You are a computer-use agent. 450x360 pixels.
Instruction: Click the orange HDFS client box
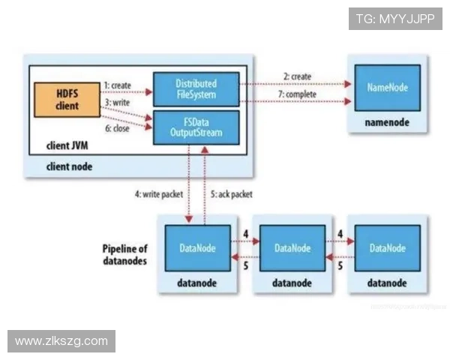(67, 100)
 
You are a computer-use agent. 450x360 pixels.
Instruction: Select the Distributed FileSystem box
(196, 89)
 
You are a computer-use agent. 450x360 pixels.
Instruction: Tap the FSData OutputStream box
(196, 127)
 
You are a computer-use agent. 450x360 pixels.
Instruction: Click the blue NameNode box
(388, 88)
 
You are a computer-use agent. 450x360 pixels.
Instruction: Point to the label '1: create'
(118, 86)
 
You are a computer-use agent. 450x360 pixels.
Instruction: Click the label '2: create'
(297, 76)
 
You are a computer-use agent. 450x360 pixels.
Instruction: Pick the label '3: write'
(117, 102)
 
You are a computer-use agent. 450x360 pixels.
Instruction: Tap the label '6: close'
(117, 128)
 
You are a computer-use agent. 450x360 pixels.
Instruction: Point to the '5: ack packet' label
(231, 194)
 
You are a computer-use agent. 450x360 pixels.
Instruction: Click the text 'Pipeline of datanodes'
(124, 254)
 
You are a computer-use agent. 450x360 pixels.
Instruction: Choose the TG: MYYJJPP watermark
(395, 18)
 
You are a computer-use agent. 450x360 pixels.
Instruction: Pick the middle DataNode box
(292, 248)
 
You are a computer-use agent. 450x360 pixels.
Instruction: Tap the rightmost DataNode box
(387, 248)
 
